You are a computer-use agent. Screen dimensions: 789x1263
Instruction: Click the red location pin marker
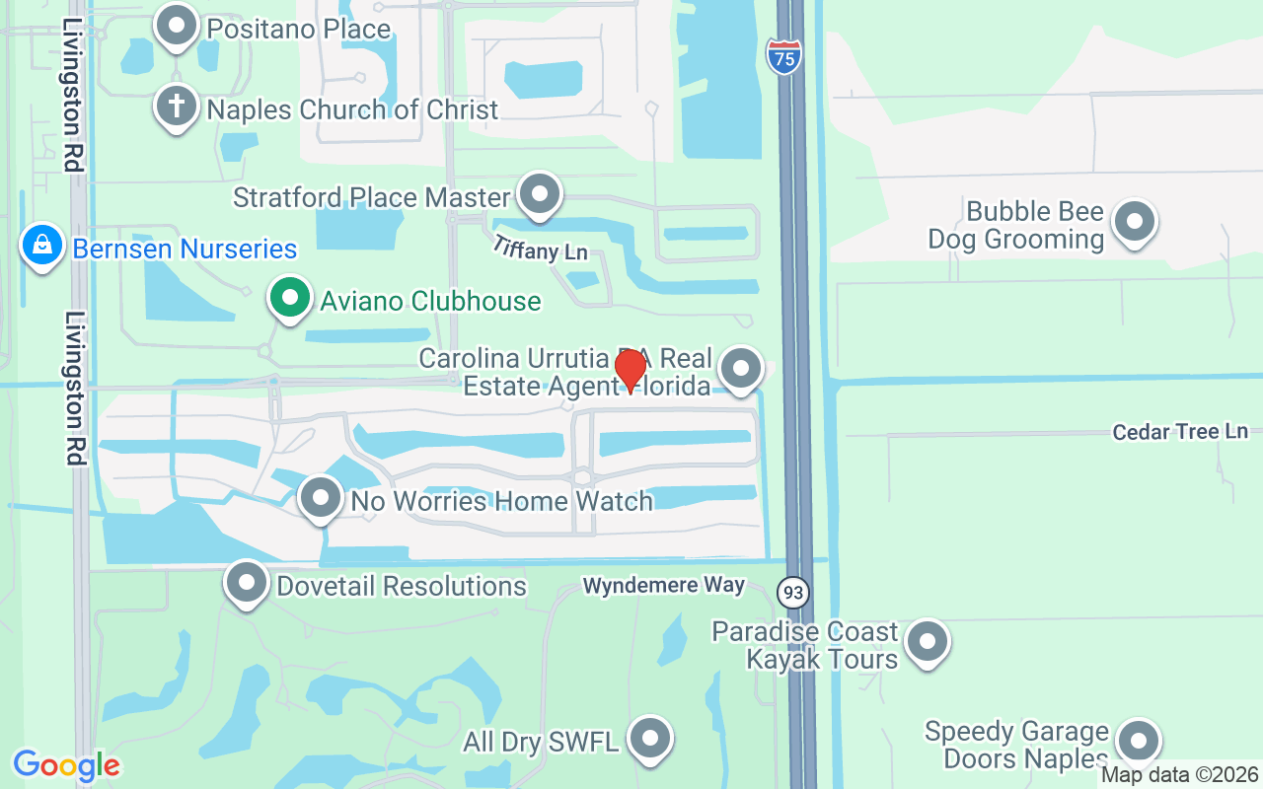tap(630, 370)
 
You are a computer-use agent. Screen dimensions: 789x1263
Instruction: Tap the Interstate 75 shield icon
tap(783, 56)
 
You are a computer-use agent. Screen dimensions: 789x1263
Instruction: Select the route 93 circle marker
tap(792, 593)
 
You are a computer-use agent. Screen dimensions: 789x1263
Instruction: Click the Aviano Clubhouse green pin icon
tap(289, 297)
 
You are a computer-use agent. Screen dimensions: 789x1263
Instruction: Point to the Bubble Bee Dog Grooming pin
tap(1134, 221)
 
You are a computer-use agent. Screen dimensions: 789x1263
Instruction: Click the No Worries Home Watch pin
tap(320, 497)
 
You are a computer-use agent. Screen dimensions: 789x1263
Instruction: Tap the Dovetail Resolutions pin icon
tap(247, 582)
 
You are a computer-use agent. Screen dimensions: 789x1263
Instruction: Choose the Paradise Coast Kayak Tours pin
tap(927, 641)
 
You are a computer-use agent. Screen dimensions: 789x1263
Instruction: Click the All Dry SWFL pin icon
tap(649, 737)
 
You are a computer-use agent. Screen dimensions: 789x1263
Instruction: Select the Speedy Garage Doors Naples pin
tap(1138, 741)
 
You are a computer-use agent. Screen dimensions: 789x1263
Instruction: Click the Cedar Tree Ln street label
tap(1180, 432)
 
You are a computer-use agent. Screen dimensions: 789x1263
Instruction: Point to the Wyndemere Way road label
tap(663, 586)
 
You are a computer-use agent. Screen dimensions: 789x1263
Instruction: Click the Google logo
tap(66, 765)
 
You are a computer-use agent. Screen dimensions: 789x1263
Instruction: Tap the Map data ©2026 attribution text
tap(1180, 775)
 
